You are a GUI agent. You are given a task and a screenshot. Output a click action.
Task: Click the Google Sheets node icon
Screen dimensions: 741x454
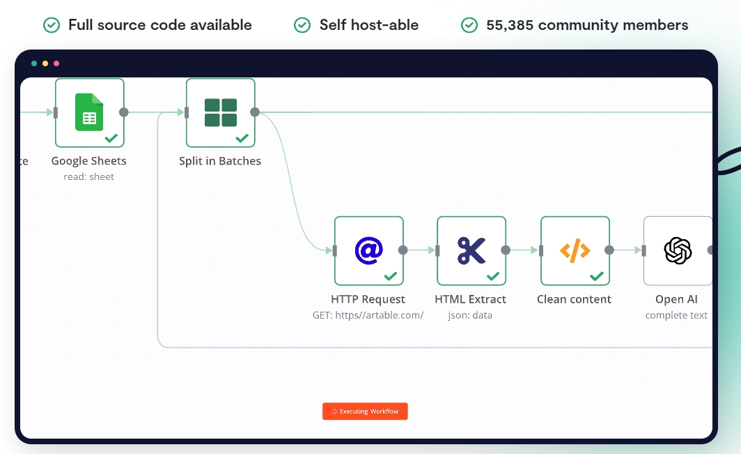[89, 112]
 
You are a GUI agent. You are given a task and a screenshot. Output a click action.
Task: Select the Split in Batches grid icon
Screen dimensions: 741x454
[221, 113]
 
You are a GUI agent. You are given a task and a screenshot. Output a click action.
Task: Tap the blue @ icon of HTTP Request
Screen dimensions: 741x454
[368, 250]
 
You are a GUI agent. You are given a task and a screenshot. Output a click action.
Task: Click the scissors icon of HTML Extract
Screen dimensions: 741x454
[471, 250]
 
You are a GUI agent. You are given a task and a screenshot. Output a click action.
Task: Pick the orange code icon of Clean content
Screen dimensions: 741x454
[575, 250]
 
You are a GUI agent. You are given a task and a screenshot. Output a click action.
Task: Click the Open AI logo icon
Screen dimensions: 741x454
[678, 250]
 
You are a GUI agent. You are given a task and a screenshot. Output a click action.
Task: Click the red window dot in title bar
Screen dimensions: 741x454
[56, 63]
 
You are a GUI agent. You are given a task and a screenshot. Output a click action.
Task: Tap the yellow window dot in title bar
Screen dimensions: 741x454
[45, 63]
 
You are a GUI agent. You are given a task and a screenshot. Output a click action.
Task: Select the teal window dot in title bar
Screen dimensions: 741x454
[34, 63]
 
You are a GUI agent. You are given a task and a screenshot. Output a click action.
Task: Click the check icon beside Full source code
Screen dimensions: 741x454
[52, 25]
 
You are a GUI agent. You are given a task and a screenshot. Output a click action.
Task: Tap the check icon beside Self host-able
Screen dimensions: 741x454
[302, 25]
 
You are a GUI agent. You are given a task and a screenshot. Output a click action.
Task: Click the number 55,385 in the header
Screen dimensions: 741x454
[510, 25]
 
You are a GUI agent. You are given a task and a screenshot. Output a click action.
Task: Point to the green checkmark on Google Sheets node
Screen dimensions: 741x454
[111, 138]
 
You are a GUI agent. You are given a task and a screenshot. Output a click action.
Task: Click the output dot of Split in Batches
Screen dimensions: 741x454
[255, 112]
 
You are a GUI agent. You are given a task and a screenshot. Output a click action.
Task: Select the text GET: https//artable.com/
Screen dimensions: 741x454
[368, 315]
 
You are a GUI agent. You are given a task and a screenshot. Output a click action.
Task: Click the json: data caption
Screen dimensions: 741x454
[470, 315]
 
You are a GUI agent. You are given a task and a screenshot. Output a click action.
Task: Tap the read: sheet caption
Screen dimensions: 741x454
[89, 176]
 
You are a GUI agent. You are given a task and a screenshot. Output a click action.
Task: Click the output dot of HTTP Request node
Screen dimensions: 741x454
[403, 250]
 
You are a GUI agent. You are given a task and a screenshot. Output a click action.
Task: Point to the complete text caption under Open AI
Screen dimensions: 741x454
[676, 315]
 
